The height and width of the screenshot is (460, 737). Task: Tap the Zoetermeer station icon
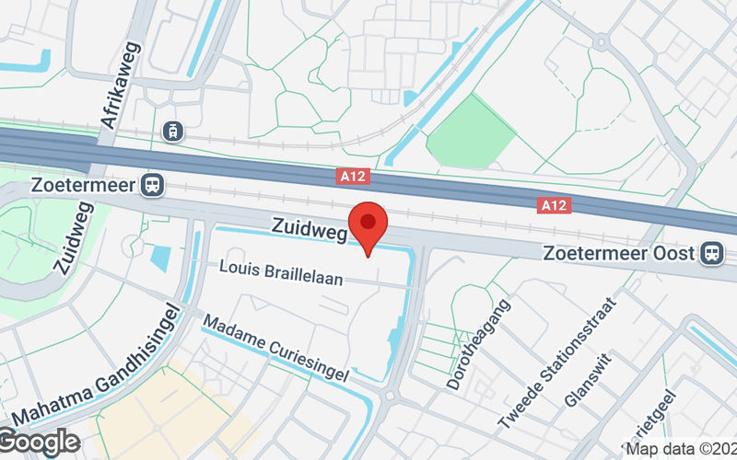[152, 185]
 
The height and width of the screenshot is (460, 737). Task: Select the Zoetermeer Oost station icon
[710, 253]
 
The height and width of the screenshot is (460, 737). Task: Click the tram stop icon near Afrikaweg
[170, 132]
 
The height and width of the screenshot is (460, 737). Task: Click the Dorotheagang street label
[479, 342]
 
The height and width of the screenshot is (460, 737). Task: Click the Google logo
[39, 442]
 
